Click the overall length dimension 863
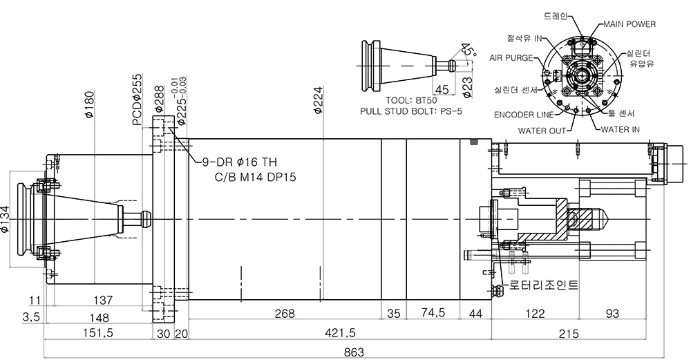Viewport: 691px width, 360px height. pyautogui.click(x=354, y=352)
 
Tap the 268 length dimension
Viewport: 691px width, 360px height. pyautogui.click(x=284, y=313)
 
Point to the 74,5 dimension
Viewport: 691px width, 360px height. pyautogui.click(x=433, y=313)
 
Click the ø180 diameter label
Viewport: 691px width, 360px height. pyautogui.click(x=90, y=104)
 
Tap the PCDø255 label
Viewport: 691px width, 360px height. pyautogui.click(x=138, y=99)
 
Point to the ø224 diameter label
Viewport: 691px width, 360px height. pyautogui.click(x=318, y=100)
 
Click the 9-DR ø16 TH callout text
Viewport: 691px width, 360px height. pyautogui.click(x=240, y=162)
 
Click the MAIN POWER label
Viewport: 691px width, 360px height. pyautogui.click(x=629, y=23)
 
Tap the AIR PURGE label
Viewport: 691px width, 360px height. pyautogui.click(x=511, y=58)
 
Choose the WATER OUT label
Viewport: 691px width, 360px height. pyautogui.click(x=542, y=131)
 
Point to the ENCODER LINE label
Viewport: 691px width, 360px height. pyautogui.click(x=524, y=115)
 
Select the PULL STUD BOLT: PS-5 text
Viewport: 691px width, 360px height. pyautogui.click(x=411, y=111)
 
